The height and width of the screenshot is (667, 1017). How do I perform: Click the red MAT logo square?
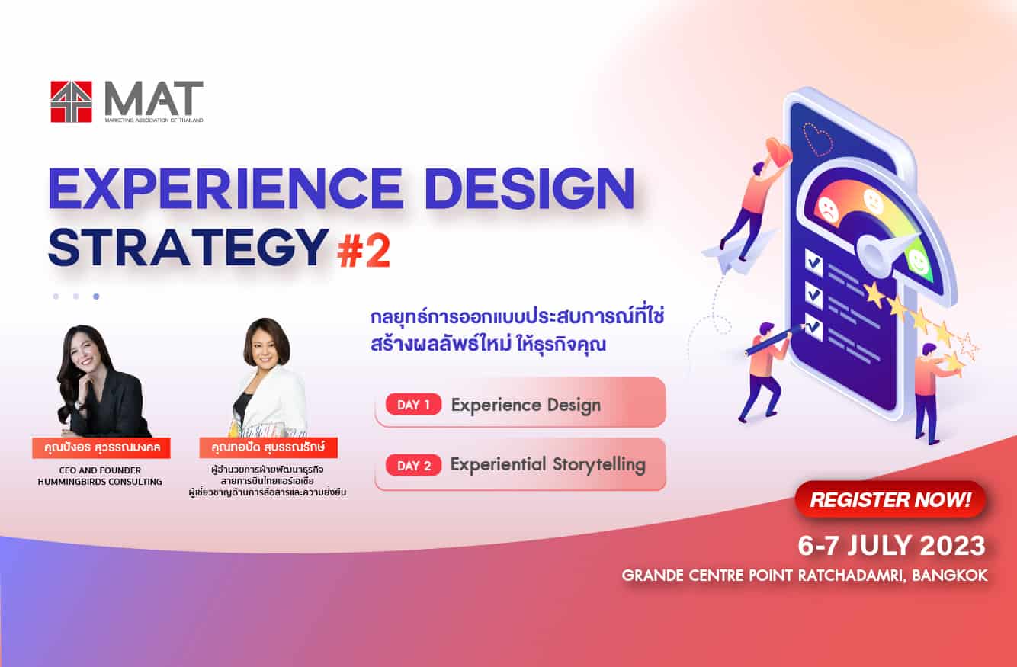pos(71,101)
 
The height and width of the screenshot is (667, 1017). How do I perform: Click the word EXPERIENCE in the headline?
pos(226,189)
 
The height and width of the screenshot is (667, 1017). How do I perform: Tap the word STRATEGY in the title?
pos(188,247)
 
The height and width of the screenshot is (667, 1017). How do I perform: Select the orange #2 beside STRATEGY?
pos(364,252)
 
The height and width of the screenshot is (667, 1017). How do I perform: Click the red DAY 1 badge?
pos(413,404)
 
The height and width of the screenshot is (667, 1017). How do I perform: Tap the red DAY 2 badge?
pos(413,466)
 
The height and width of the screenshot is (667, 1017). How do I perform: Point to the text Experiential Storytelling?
pos(548,465)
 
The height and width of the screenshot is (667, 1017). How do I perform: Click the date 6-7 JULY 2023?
pos(892,546)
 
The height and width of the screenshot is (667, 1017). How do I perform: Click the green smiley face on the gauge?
pos(919,261)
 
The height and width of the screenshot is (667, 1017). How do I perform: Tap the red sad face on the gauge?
pos(828,210)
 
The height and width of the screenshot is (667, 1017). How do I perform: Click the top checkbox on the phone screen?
pos(813,262)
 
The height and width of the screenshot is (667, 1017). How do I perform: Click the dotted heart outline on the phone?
pos(818,139)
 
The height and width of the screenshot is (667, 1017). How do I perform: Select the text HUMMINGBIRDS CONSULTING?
pos(100,482)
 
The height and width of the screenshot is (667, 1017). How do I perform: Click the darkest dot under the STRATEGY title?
pos(96,297)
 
